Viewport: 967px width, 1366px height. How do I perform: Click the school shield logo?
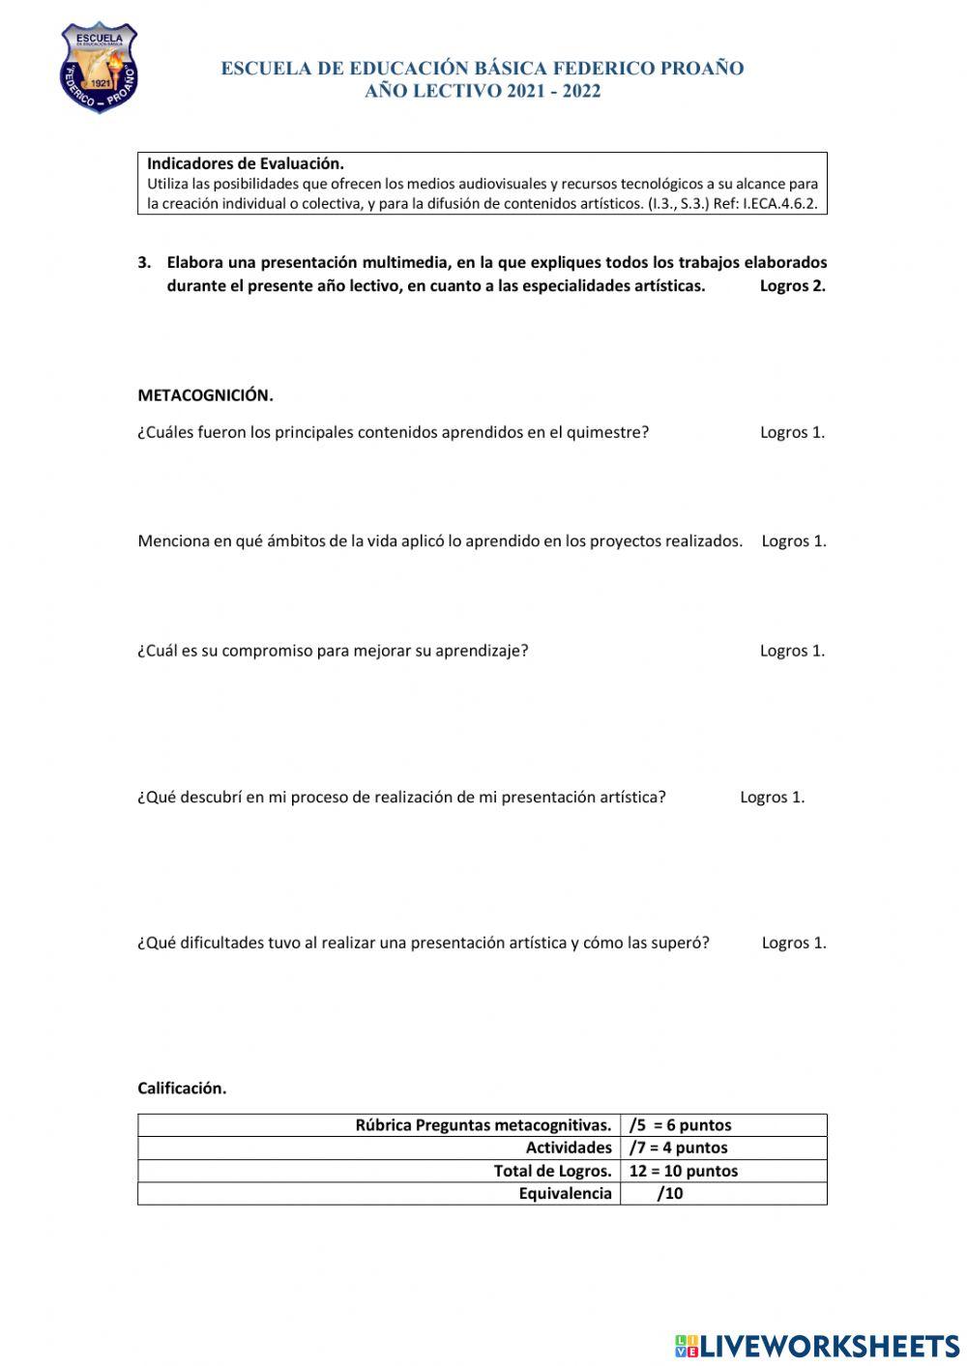click(99, 68)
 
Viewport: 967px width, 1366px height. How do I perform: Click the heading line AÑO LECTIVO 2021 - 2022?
click(483, 92)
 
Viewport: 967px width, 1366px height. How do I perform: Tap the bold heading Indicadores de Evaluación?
click(246, 163)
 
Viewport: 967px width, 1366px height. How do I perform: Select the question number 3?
click(145, 262)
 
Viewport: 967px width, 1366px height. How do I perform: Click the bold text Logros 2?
click(792, 285)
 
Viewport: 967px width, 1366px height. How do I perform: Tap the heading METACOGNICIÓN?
click(205, 394)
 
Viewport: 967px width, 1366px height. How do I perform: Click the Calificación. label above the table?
click(182, 1088)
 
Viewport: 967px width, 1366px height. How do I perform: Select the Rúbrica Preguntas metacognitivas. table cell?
click(483, 1124)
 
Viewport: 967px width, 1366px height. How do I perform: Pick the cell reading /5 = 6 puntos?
click(680, 1124)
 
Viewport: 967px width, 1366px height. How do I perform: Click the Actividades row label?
click(569, 1148)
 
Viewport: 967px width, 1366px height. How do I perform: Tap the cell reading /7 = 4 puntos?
click(678, 1148)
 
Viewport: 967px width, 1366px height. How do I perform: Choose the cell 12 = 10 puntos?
click(683, 1171)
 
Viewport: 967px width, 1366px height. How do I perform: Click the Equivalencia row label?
click(565, 1193)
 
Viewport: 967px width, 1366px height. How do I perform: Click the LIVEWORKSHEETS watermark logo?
click(817, 1345)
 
